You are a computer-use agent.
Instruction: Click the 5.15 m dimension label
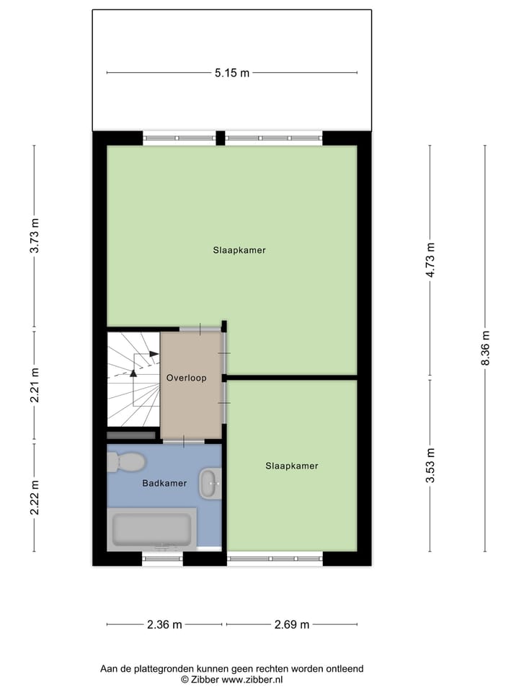[231, 73]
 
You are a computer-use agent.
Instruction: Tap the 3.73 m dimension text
[34, 235]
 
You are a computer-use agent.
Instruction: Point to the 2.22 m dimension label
[34, 497]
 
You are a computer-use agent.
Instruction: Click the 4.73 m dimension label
[430, 260]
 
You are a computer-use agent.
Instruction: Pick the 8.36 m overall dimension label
[484, 348]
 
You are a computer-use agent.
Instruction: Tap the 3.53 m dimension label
[430, 465]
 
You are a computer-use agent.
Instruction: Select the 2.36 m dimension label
[164, 624]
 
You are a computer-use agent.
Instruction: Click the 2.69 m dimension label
[291, 624]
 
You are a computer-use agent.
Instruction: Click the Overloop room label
[186, 378]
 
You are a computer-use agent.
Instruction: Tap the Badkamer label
[164, 484]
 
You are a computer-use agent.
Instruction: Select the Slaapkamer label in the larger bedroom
[239, 251]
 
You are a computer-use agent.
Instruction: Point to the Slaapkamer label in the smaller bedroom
[291, 466]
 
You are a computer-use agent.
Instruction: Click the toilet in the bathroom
[126, 461]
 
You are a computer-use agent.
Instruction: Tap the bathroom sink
[210, 483]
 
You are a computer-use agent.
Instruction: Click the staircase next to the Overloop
[133, 378]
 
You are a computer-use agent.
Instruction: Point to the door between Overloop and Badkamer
[183, 440]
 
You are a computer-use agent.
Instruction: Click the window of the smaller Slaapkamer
[274, 558]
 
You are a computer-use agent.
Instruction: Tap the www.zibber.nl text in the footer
[252, 679]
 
